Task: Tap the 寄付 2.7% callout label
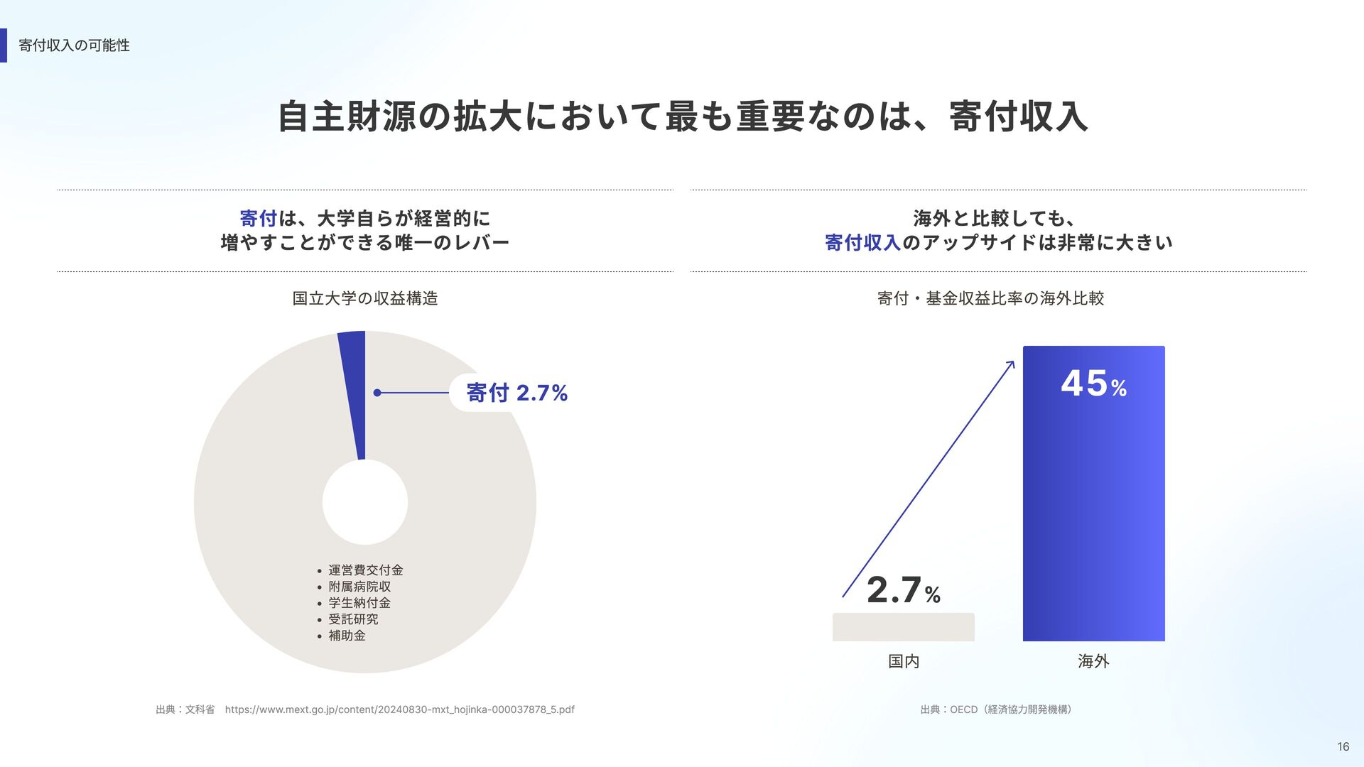pos(516,393)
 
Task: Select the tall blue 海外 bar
pos(1093,511)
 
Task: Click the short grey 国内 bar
pos(903,627)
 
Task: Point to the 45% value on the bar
pos(1093,383)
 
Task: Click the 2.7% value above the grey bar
pos(903,590)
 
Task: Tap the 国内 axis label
pos(903,661)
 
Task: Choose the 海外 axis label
pos(1093,661)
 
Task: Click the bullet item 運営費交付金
pos(365,570)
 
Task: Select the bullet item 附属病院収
pos(359,587)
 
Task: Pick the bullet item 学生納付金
pos(359,603)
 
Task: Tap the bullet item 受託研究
pos(353,619)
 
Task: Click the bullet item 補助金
pos(347,636)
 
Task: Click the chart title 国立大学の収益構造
pos(365,298)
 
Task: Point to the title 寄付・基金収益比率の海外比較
pos(990,298)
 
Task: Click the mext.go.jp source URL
pos(399,709)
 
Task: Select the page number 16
pos(1343,746)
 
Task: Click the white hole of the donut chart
pos(365,502)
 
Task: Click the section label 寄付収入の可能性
pos(74,45)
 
